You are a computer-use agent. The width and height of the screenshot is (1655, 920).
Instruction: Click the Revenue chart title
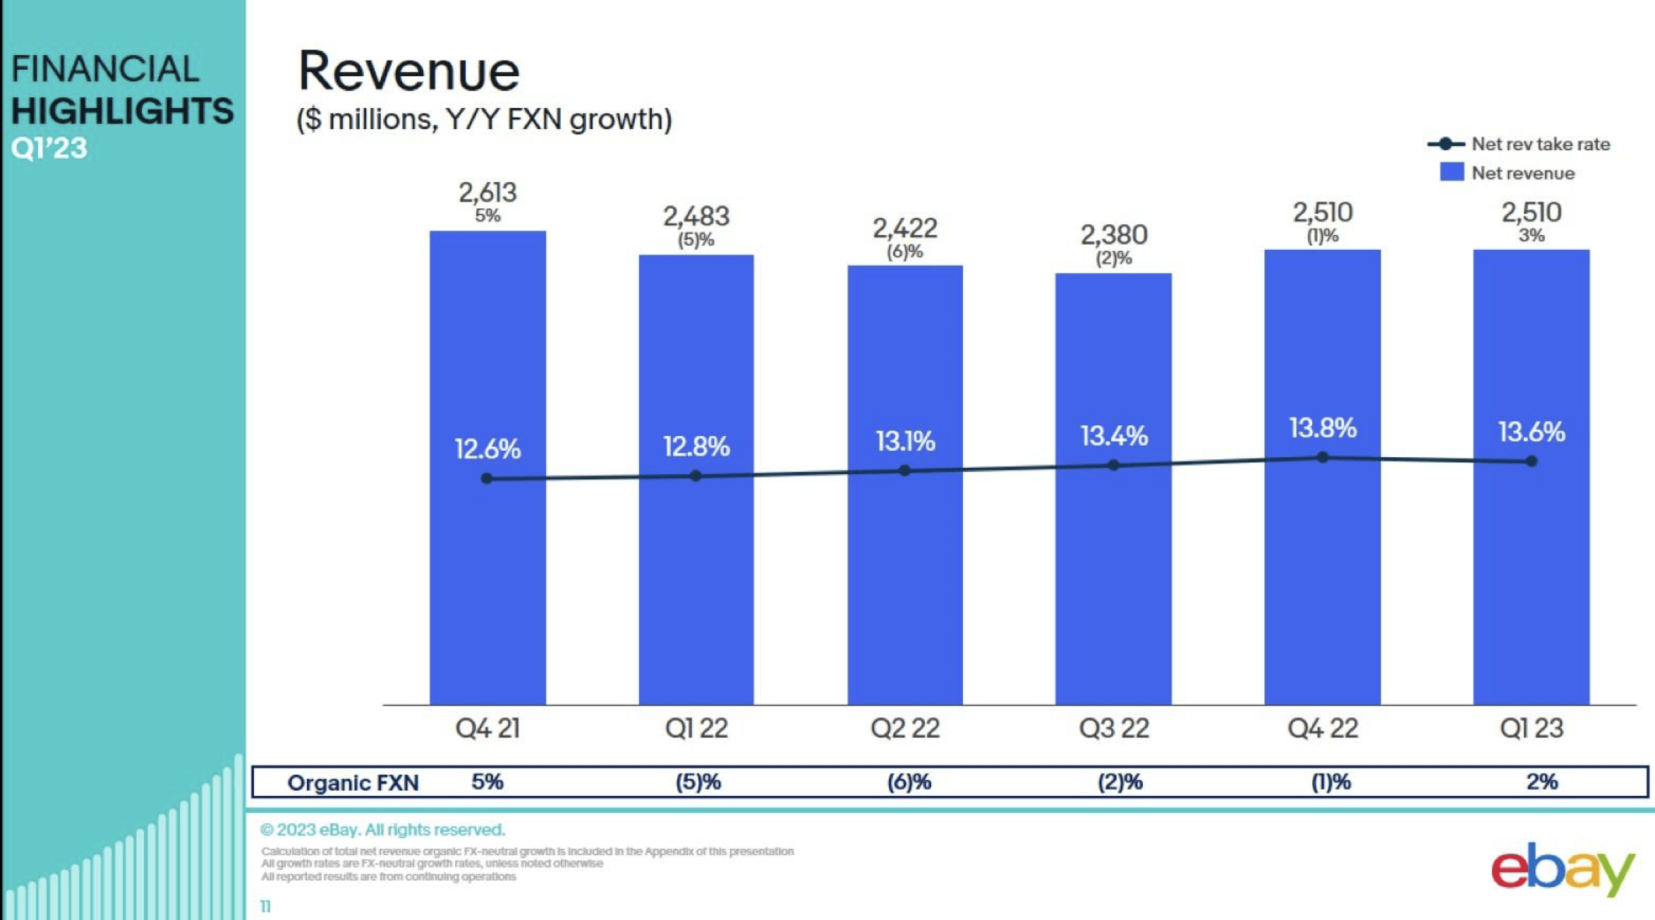click(408, 72)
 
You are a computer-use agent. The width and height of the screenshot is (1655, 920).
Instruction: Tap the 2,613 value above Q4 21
click(487, 192)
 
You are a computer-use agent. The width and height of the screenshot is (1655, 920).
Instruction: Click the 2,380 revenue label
click(1114, 234)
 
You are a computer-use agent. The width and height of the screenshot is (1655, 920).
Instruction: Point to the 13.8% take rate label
click(1322, 428)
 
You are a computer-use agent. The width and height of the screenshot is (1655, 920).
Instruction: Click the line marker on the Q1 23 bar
click(1531, 461)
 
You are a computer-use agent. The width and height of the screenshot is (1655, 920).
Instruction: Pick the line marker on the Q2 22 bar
click(904, 471)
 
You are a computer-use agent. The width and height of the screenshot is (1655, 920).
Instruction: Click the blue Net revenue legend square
click(1451, 172)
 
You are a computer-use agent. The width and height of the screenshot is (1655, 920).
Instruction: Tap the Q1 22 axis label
click(696, 728)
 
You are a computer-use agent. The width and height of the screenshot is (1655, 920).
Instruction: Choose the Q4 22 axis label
click(1322, 728)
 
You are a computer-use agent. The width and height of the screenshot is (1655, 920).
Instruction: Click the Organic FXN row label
click(353, 782)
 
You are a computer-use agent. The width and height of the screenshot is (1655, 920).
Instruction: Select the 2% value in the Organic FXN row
click(1541, 782)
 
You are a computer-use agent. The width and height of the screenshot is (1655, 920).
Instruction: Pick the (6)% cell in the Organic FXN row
click(909, 782)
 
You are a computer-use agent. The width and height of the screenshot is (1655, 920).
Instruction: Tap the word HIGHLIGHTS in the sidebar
click(122, 111)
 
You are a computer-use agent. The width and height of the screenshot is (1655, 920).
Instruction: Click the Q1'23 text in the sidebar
click(49, 148)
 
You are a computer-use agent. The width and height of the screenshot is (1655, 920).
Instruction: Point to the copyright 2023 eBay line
click(383, 830)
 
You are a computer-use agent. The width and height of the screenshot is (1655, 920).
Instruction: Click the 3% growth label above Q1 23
click(1531, 236)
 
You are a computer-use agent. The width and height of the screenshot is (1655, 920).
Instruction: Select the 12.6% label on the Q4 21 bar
click(487, 449)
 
